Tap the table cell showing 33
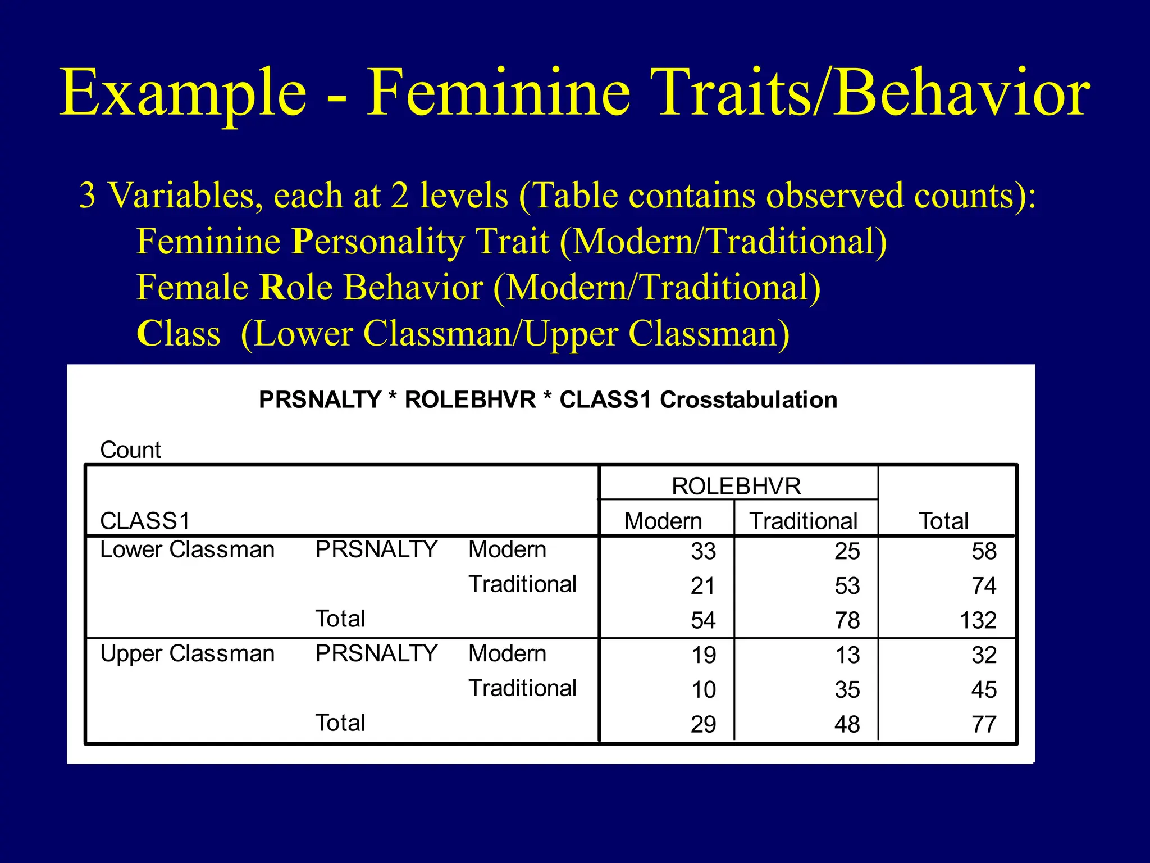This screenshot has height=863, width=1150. click(703, 551)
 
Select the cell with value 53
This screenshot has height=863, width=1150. click(847, 586)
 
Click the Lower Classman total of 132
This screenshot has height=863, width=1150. click(978, 620)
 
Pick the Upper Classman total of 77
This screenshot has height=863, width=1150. click(984, 724)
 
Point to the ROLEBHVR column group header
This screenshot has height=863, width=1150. click(736, 486)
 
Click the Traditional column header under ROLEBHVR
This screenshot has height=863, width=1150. click(803, 521)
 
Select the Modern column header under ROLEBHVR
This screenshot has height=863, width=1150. click(663, 521)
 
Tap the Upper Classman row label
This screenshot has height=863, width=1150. click(187, 654)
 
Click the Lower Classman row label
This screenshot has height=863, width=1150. click(187, 549)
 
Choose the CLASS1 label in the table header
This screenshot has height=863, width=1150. click(145, 521)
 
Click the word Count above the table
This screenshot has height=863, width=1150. click(130, 450)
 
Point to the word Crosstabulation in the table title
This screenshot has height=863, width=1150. click(749, 400)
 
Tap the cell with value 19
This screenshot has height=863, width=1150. click(703, 655)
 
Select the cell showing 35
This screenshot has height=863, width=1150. click(847, 690)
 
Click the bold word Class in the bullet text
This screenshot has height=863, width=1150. click(179, 334)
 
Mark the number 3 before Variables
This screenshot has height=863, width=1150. click(88, 196)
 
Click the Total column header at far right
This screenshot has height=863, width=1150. click(943, 521)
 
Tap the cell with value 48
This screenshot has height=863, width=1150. click(847, 724)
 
